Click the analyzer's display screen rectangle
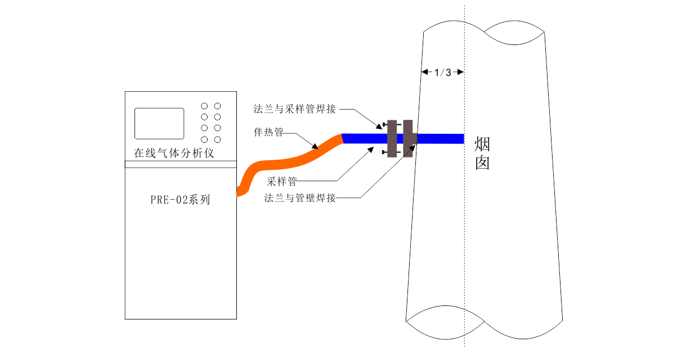tap(159, 124)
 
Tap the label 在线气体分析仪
tap(174, 153)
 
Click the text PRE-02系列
tap(180, 200)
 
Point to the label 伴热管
tap(268, 132)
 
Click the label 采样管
tap(282, 181)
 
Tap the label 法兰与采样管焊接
tap(295, 109)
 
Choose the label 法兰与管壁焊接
tap(300, 198)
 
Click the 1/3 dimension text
tap(443, 73)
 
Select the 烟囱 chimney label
tap(482, 153)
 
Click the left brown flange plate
tap(392, 138)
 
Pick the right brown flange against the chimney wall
tap(409, 138)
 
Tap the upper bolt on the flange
tap(392, 124)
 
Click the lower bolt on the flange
tap(391, 152)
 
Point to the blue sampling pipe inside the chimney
tap(441, 138)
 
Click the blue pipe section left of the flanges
tap(365, 138)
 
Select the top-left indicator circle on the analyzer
tap(204, 106)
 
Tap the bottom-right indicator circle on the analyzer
tap(217, 139)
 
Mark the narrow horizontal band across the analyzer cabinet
tap(181, 164)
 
